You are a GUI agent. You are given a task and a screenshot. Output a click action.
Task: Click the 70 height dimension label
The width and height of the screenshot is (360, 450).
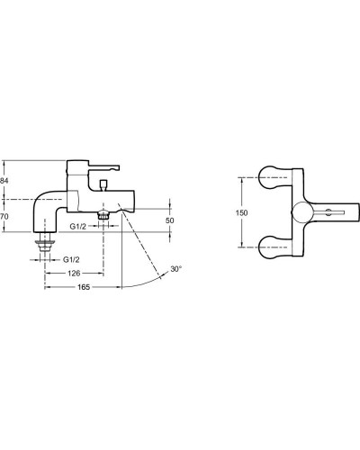4,216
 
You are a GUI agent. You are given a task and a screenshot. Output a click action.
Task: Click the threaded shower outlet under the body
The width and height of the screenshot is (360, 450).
105,215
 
